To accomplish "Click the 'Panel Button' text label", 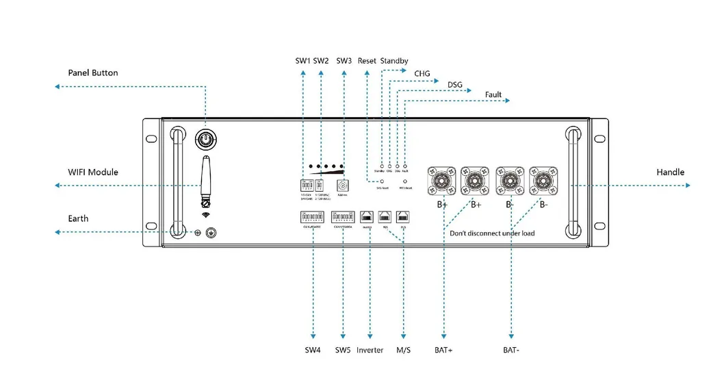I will [x=92, y=73].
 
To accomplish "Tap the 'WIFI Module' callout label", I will [x=92, y=172].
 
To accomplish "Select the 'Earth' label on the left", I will [x=78, y=218].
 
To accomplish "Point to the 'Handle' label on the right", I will [x=670, y=172].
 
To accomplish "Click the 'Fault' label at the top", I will [x=493, y=94].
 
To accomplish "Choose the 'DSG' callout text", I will [x=454, y=85].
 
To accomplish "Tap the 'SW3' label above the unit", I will [x=344, y=61].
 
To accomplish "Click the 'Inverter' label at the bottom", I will [x=370, y=351].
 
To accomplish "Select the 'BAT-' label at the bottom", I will [x=511, y=351].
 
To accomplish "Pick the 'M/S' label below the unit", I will [x=404, y=351].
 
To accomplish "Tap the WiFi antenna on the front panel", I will [x=204, y=179].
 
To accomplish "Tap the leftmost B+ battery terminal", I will [x=441, y=181].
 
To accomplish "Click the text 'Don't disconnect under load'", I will [x=491, y=233].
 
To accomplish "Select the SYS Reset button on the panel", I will [x=381, y=181].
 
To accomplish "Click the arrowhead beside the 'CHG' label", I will [x=437, y=81].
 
